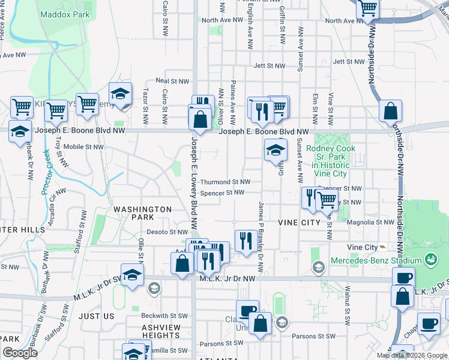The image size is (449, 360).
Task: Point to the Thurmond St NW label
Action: [224, 181]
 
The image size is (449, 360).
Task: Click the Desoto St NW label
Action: [167, 232]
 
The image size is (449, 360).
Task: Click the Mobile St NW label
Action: [81, 146]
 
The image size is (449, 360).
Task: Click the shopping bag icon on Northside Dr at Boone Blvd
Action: [390, 112]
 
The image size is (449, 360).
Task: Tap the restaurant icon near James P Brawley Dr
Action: [246, 241]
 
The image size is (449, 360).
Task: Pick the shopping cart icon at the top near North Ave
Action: [367, 9]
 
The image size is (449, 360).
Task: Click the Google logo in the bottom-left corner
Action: [20, 353]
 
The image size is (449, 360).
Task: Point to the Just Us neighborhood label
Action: [96, 316]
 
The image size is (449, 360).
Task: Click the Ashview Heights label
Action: [161, 332]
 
